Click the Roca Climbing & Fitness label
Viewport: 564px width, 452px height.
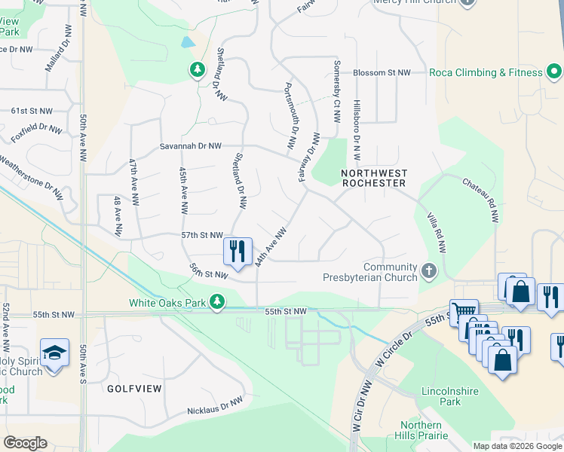pyautogui.click(x=486, y=72)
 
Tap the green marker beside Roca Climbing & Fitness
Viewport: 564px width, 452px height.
pyautogui.click(x=554, y=72)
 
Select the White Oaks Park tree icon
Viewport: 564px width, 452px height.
pyautogui.click(x=217, y=302)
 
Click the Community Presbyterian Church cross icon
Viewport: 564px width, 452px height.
pyautogui.click(x=429, y=270)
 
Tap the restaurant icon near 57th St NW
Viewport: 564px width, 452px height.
pyautogui.click(x=238, y=251)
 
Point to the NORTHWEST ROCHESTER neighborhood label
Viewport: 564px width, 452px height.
pyautogui.click(x=374, y=178)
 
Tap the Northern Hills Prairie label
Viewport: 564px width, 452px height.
pyautogui.click(x=421, y=430)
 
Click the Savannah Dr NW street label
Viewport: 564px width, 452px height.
pyautogui.click(x=191, y=146)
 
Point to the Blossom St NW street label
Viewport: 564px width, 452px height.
pyautogui.click(x=382, y=73)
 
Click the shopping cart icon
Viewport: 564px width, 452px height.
pyautogui.click(x=463, y=312)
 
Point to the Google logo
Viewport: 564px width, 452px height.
pyautogui.click(x=26, y=443)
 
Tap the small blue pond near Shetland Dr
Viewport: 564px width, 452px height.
pyautogui.click(x=186, y=43)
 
